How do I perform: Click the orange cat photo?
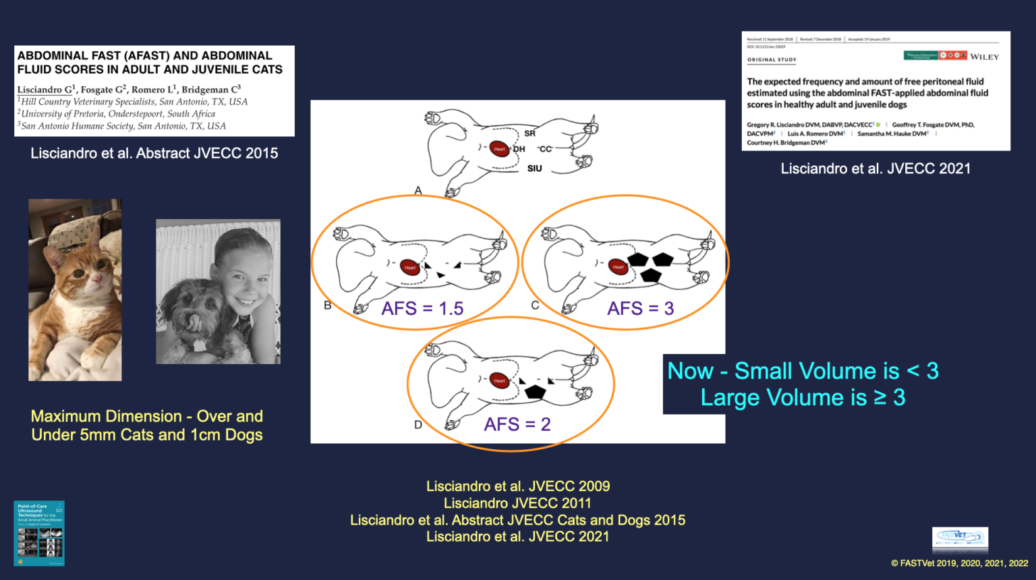click(75, 290)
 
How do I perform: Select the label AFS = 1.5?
click(422, 308)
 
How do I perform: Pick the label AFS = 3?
click(640, 308)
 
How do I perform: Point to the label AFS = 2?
click(517, 424)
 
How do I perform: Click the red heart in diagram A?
click(499, 148)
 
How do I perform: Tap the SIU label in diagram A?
click(534, 169)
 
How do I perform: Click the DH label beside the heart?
click(519, 149)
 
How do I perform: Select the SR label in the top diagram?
click(529, 134)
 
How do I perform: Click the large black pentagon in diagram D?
click(535, 391)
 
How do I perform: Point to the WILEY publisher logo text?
click(984, 57)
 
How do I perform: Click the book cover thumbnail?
click(39, 533)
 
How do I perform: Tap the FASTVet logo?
click(960, 538)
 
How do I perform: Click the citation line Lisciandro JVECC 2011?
click(517, 503)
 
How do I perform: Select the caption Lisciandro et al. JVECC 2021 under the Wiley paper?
click(875, 169)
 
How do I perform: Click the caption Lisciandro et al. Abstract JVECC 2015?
click(154, 153)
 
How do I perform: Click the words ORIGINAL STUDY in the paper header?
click(772, 60)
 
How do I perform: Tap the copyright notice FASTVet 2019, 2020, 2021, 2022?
click(959, 563)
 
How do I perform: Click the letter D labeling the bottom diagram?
click(418, 425)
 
